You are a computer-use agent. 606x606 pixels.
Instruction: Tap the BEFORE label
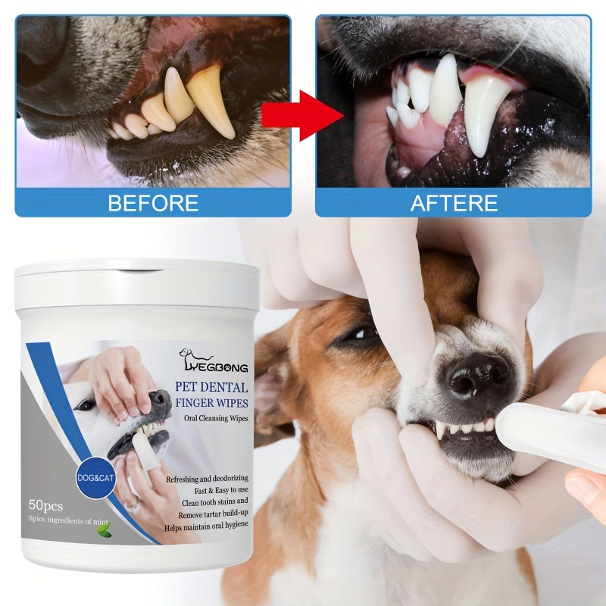coord(153,203)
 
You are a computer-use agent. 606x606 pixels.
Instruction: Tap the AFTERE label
coord(454,203)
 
